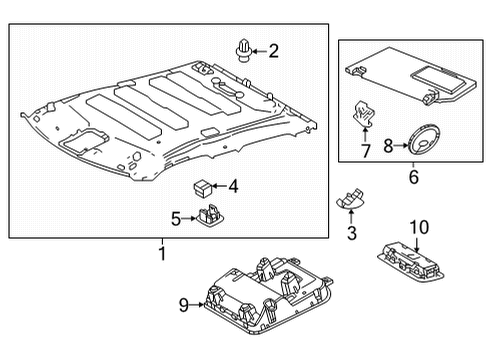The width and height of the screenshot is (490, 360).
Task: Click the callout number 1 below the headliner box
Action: (x=160, y=255)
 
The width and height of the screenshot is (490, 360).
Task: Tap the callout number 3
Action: (x=350, y=233)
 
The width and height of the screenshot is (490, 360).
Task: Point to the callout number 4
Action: (x=233, y=185)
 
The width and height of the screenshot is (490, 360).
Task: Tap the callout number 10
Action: (x=417, y=227)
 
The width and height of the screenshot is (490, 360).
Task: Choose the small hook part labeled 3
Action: (x=350, y=199)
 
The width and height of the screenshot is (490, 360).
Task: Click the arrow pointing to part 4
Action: (x=220, y=186)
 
